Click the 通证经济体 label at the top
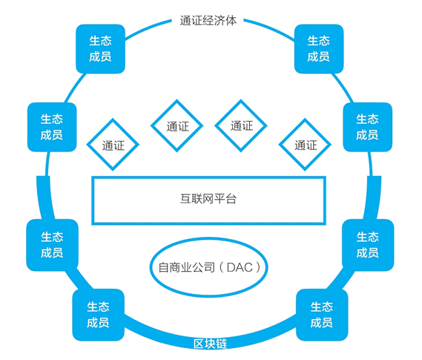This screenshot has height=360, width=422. coord(208,21)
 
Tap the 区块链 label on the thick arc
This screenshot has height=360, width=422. coord(211,344)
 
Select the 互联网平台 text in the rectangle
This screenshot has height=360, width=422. coord(208,199)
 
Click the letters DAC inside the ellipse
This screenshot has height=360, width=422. coord(240,267)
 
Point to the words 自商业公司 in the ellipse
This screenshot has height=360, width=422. coord(186,268)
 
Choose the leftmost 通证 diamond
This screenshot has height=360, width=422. coord(113,145)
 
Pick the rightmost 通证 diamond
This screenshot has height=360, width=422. coord(305,145)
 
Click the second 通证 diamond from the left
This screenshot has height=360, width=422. coord(177,125)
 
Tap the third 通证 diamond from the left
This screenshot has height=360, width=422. coord(241,125)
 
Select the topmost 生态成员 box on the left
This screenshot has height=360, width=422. coord(100,49)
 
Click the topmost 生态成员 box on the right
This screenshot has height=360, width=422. coord(319,49)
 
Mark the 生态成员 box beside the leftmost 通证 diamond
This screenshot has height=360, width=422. coord(52,127)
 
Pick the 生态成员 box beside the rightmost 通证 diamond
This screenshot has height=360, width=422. coord(368,127)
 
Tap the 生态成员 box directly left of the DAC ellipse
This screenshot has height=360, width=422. coord(52,245)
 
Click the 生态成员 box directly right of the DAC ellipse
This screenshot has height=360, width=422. coord(368,245)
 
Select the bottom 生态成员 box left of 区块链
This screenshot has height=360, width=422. coord(98,315)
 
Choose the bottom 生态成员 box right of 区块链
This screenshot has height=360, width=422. coord(322,315)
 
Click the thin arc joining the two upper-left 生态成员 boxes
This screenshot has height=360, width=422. coord(75,88)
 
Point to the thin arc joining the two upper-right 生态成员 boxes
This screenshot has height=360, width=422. coord(343,88)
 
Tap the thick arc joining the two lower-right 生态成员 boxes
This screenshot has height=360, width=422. coord(342,280)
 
